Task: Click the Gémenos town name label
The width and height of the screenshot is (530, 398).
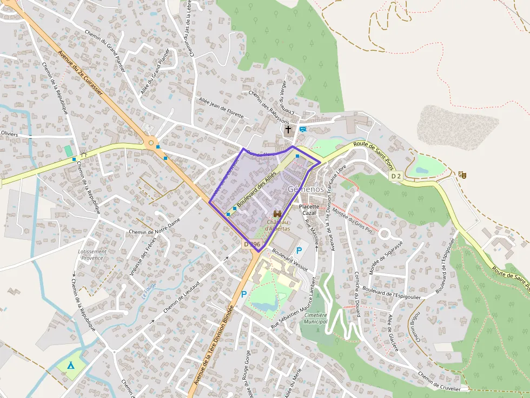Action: (306, 190)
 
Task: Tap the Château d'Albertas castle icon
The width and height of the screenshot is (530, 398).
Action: (278, 214)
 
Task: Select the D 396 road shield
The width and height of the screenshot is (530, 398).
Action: (252, 245)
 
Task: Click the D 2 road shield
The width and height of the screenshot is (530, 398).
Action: (396, 176)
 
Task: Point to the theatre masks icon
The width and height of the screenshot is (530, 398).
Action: (462, 174)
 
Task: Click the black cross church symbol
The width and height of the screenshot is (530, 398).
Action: (288, 130)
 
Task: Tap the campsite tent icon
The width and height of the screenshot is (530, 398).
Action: (71, 365)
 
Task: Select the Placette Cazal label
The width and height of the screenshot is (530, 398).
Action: (309, 210)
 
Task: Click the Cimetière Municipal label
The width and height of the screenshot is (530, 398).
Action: (316, 318)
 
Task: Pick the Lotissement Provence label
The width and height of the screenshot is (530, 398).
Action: (92, 254)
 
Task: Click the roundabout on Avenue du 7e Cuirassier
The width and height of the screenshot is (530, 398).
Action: (150, 144)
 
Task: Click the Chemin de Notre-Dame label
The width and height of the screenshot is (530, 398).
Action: (154, 227)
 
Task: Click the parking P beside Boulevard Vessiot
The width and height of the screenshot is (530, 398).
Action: (299, 251)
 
